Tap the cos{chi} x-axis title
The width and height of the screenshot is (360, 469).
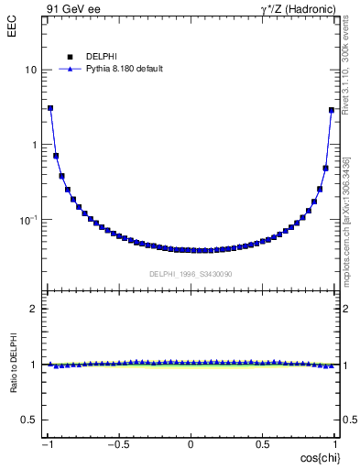[320, 456]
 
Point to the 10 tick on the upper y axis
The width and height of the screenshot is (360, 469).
[30, 71]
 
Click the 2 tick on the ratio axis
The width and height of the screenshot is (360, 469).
[33, 310]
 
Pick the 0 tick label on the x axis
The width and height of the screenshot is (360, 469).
[191, 444]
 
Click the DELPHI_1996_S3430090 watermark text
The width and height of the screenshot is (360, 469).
[191, 274]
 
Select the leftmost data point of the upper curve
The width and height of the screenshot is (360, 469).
[50, 108]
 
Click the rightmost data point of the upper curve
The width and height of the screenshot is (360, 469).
[332, 110]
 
